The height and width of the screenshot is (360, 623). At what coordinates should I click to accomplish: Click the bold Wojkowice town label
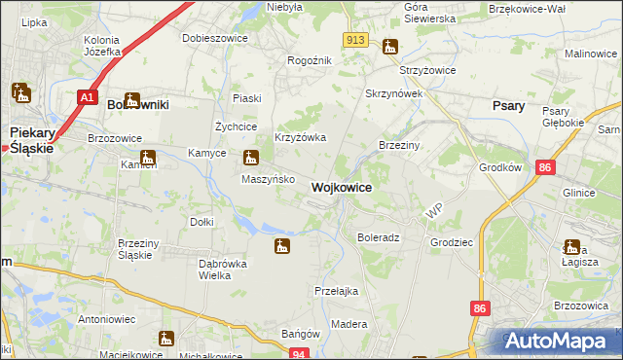coord(341,187)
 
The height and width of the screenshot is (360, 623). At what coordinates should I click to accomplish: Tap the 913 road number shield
coord(355,39)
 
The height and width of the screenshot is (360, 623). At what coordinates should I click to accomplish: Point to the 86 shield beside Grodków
coord(544,167)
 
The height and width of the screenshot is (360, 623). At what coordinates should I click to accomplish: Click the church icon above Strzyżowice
coord(390,47)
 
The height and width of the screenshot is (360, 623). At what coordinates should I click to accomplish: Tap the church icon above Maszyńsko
coord(251,158)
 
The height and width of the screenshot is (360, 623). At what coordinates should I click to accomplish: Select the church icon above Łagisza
coord(571,247)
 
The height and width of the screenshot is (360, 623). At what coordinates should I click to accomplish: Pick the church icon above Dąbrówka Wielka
coord(282,246)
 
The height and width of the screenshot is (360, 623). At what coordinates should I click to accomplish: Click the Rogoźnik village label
coord(310,60)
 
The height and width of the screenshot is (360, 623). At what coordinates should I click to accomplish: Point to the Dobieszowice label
coord(215,38)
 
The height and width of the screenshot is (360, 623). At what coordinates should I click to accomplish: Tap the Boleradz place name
coord(379,237)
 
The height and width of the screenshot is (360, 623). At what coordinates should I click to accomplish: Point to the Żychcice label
coord(236,126)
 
